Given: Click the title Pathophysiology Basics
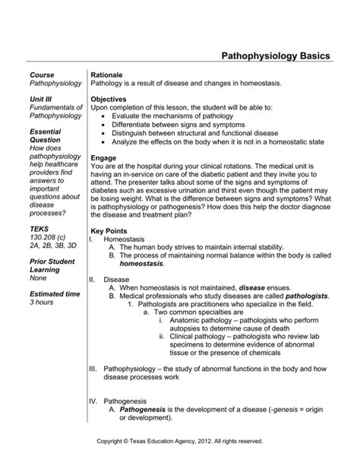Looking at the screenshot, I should tap(275, 57).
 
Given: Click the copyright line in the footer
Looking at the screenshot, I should tap(180, 441).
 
